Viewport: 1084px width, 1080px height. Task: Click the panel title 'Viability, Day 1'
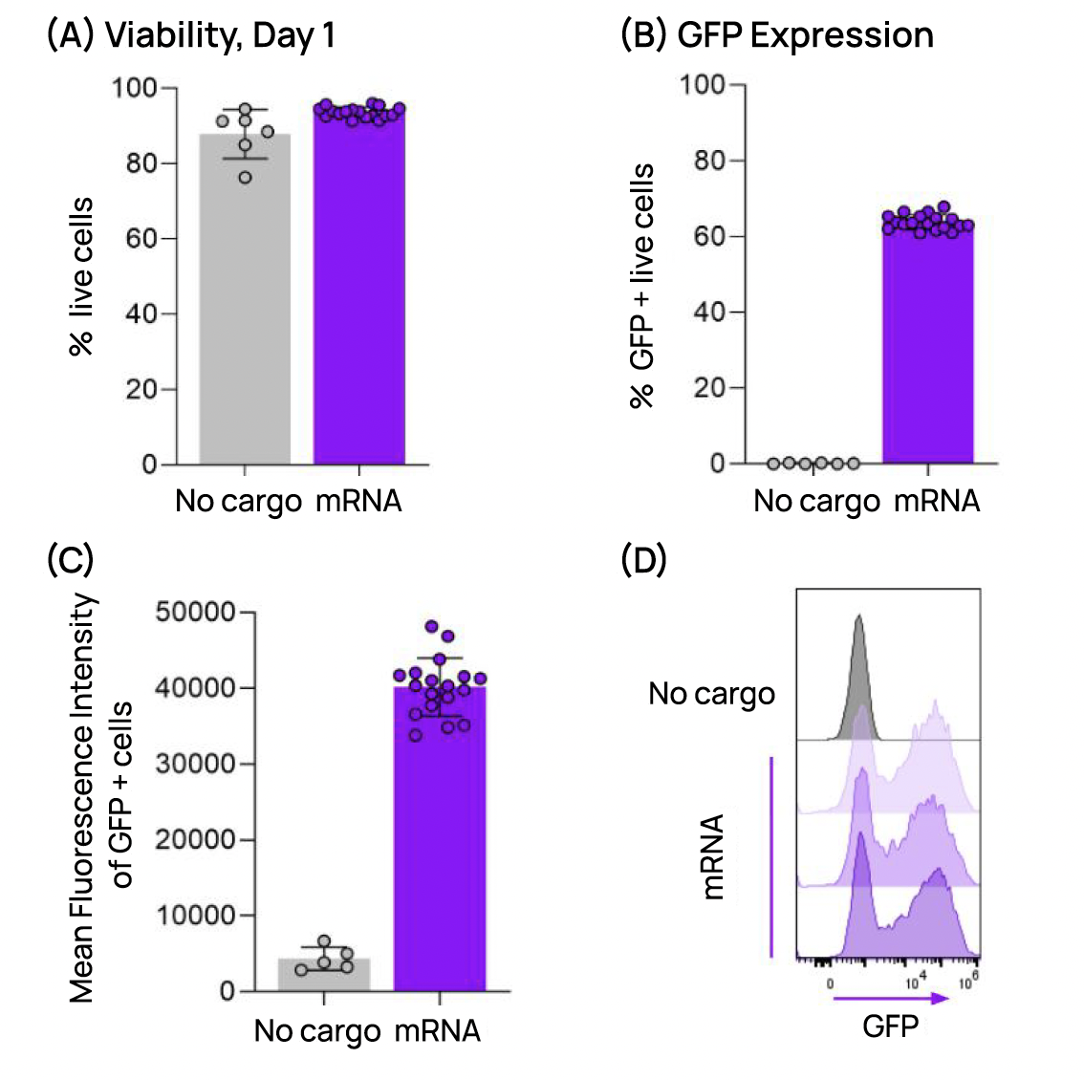219,35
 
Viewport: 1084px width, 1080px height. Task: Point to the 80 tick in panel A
141,163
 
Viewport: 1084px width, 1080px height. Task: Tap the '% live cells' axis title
82,277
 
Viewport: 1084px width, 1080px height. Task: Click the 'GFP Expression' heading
805,35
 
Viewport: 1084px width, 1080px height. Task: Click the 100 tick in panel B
703,85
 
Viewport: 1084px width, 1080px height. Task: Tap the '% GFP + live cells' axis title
642,287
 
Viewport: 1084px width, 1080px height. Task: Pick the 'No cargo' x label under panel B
816,501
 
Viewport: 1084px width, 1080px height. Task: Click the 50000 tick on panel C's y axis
195,613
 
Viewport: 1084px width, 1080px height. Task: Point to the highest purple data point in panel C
432,627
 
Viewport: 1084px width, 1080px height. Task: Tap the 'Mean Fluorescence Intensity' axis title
82,798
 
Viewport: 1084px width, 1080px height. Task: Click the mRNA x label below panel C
437,1031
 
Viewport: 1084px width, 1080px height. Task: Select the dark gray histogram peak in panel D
857,669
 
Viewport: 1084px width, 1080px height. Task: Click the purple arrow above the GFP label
890,999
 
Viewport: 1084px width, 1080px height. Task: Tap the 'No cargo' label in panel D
711,694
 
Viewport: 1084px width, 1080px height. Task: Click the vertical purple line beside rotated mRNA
770,855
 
